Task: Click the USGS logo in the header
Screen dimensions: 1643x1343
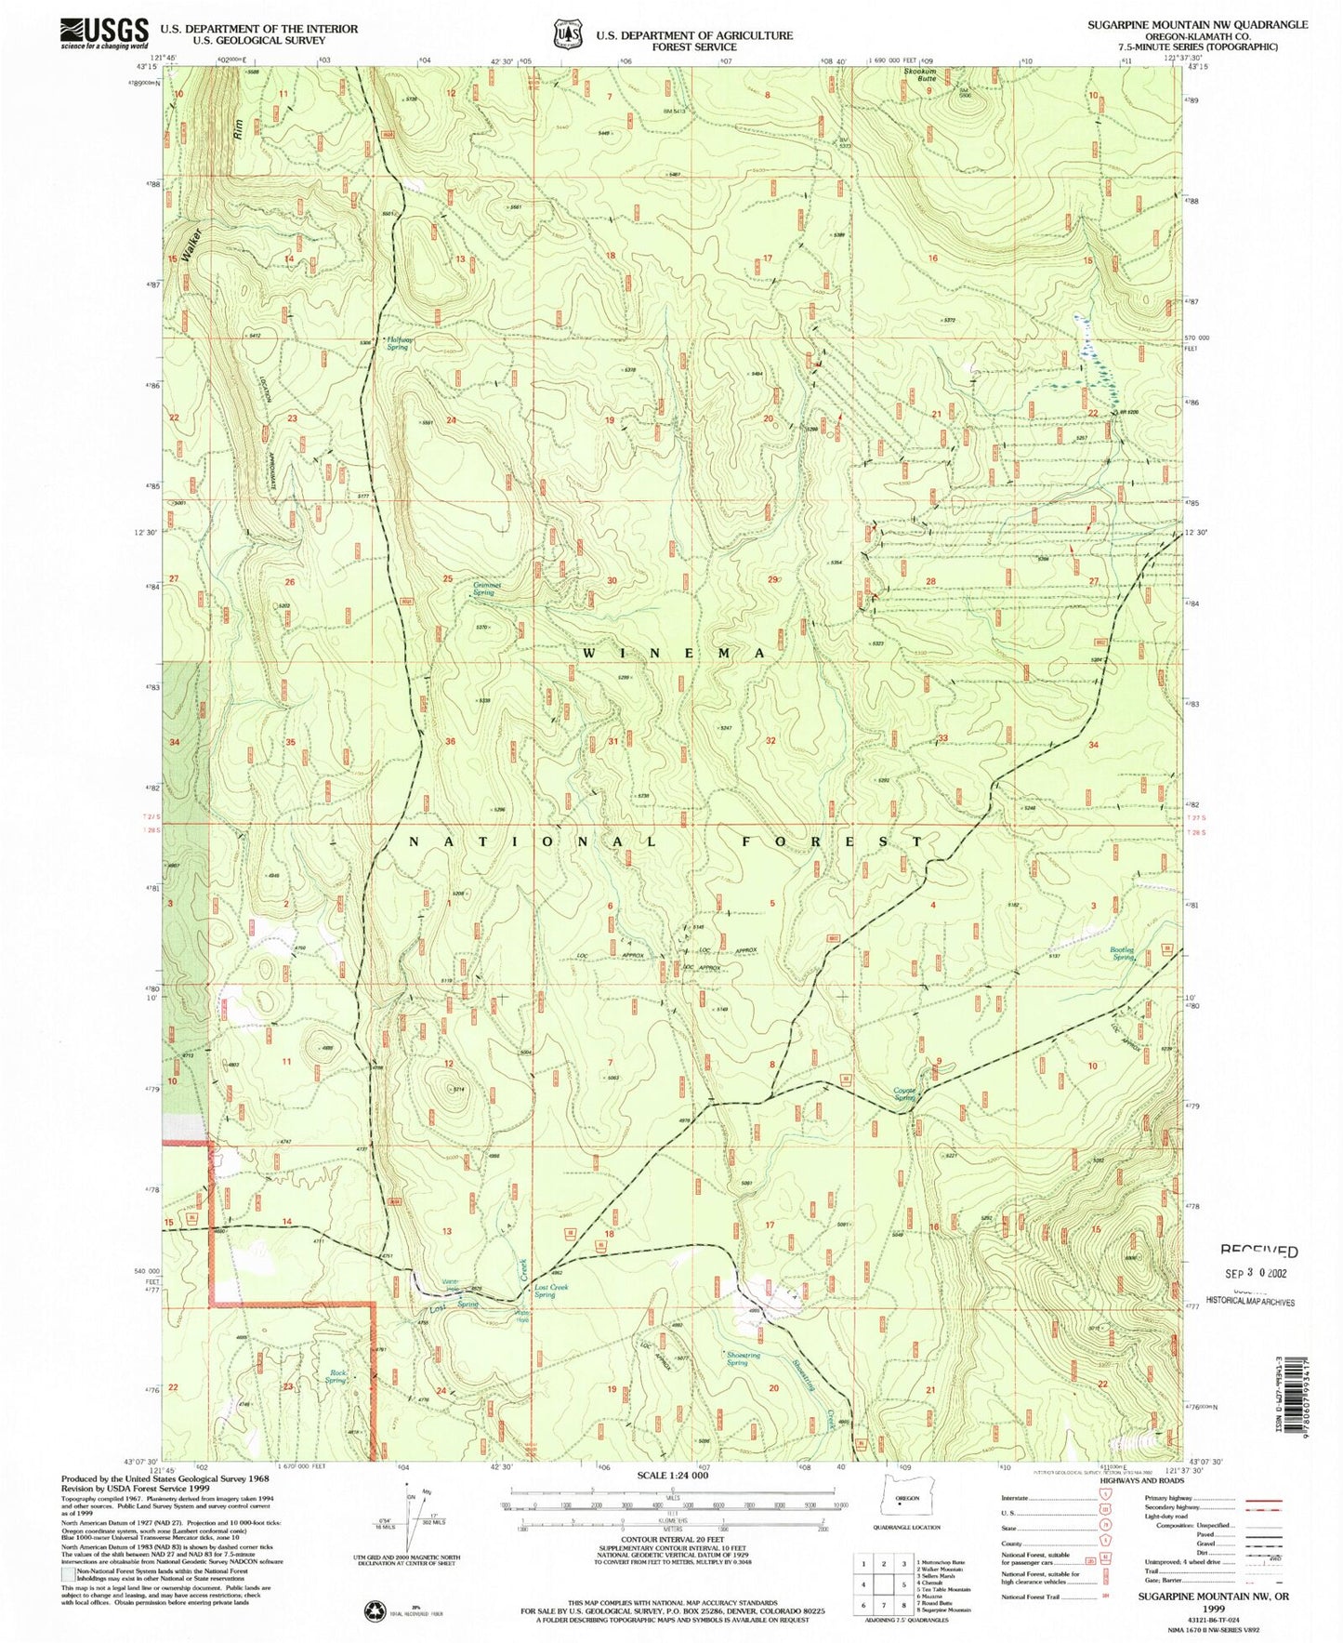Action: pos(104,33)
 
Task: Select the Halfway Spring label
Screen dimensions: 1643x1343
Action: pos(398,343)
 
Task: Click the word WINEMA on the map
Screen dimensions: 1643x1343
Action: pos(675,654)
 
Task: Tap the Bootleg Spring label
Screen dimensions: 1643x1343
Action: pos(1123,953)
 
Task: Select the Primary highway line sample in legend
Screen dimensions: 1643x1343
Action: pos(1263,1501)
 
